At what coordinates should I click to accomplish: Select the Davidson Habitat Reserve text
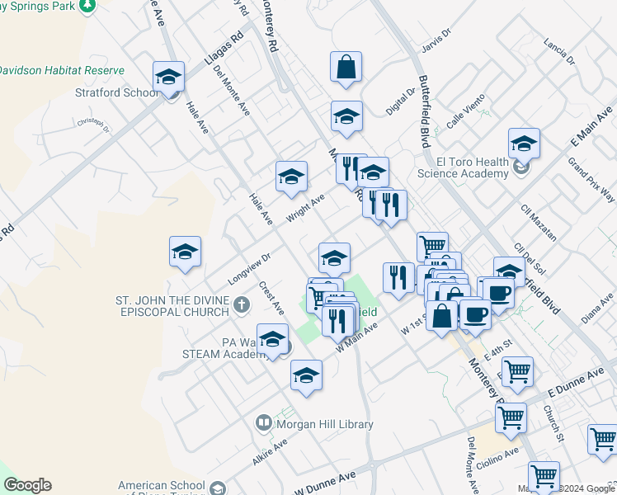62,71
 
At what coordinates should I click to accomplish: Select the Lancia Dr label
559,49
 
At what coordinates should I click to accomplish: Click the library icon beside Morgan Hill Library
264,423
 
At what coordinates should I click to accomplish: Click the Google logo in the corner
27,485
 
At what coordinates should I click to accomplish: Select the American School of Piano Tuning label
161,487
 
